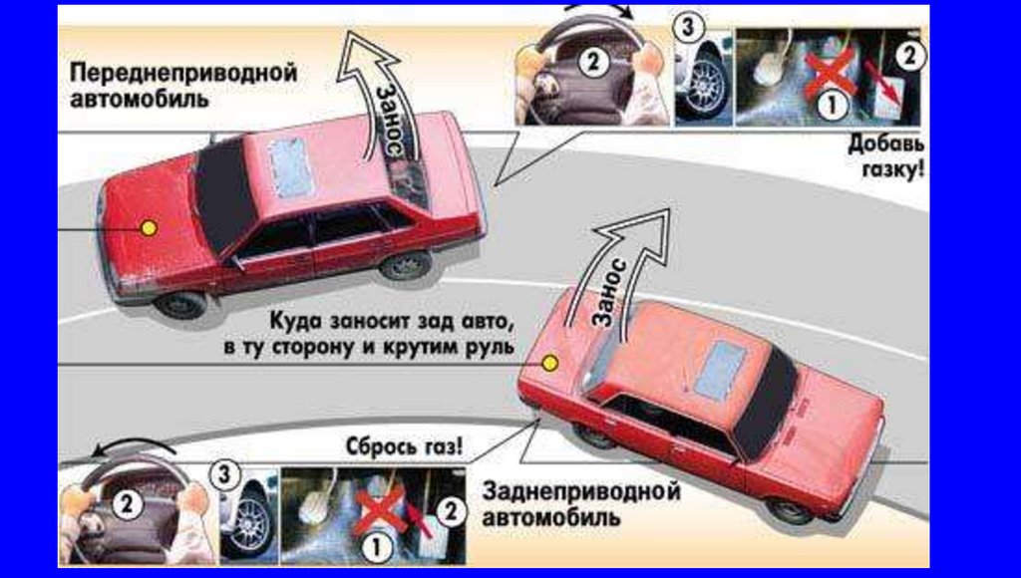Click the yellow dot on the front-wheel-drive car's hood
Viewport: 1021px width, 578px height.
point(150,228)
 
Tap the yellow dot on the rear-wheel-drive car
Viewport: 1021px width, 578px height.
point(550,363)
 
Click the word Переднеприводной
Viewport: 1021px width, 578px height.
point(183,73)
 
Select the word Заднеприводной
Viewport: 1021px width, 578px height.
point(581,491)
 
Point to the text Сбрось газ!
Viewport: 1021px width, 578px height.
point(405,446)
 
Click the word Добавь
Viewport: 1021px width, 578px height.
point(886,144)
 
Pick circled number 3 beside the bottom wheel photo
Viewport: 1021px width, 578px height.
point(224,474)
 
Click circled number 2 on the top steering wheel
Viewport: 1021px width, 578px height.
point(593,63)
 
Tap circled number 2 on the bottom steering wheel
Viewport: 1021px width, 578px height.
point(127,504)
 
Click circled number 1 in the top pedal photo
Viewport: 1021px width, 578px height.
point(831,105)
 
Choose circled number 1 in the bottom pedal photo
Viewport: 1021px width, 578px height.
point(376,547)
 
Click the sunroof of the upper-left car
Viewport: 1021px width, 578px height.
point(292,168)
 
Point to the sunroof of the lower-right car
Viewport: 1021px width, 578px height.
point(721,371)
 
